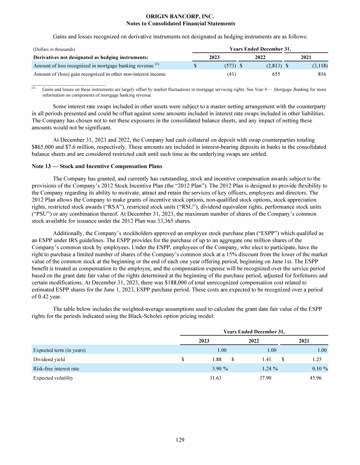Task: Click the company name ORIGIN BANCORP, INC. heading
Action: [180, 16]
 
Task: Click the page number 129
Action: [180, 440]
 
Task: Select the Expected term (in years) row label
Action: [59, 350]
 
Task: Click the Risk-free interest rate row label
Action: [56, 369]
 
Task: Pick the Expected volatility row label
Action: [53, 378]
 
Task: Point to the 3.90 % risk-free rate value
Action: [220, 369]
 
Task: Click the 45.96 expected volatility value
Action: [320, 378]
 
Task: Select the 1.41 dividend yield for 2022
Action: [270, 359]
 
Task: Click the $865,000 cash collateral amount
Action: [45, 147]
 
